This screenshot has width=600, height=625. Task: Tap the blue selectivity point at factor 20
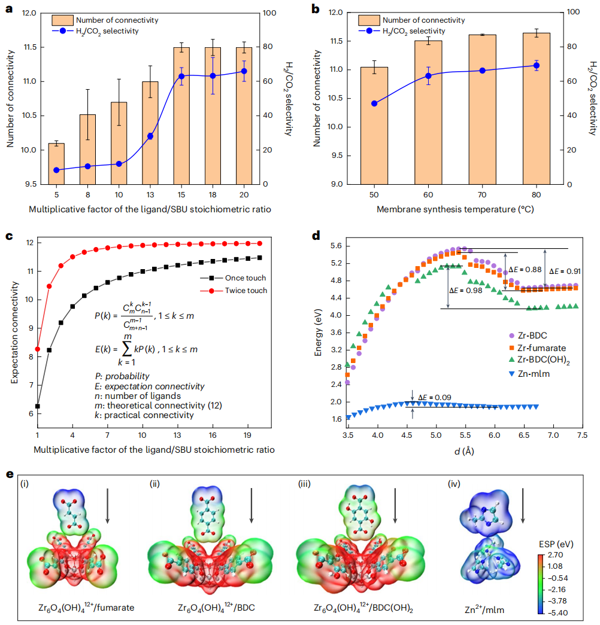(244, 71)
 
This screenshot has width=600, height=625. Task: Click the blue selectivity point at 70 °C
(482, 71)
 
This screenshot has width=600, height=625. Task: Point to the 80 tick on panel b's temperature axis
(536, 196)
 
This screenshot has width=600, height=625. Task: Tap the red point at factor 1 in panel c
(38, 349)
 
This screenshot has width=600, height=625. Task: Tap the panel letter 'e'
(8, 474)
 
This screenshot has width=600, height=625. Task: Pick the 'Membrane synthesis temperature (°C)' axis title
(455, 210)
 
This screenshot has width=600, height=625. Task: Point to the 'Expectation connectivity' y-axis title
(11, 342)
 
